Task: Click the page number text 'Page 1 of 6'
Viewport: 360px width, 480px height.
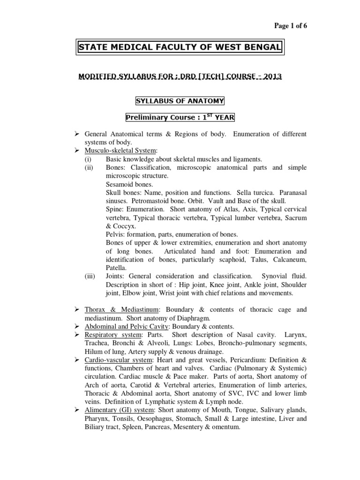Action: [290, 26]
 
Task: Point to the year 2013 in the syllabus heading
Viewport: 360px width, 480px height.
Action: [273, 76]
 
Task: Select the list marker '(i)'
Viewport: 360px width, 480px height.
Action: [88, 159]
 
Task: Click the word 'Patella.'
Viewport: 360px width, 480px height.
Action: [116, 268]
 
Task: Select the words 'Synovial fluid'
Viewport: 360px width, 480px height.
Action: [285, 276]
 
